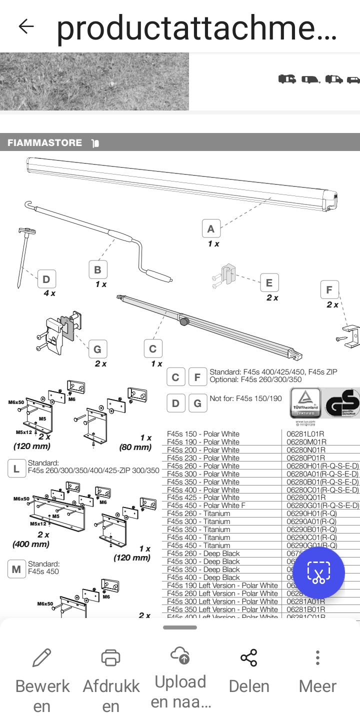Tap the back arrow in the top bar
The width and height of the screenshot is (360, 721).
pyautogui.click(x=26, y=26)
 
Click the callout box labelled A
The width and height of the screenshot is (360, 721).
pyautogui.click(x=211, y=229)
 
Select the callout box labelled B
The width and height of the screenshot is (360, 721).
pyautogui.click(x=98, y=270)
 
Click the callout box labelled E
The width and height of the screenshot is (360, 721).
pyautogui.click(x=269, y=283)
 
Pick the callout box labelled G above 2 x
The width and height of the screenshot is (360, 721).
pyautogui.click(x=97, y=349)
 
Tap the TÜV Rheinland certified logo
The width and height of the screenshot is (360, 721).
pyautogui.click(x=305, y=403)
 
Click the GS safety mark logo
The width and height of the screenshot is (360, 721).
pyautogui.click(x=342, y=403)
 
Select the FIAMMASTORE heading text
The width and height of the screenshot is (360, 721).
pyautogui.click(x=45, y=143)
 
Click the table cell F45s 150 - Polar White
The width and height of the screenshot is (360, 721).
pyautogui.click(x=203, y=434)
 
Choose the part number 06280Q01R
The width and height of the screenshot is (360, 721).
pyautogui.click(x=306, y=497)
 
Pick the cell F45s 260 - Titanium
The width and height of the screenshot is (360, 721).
pyautogui.click(x=199, y=513)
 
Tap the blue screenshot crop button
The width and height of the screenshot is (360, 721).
pyautogui.click(x=318, y=573)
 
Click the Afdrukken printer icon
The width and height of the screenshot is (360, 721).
pyautogui.click(x=111, y=658)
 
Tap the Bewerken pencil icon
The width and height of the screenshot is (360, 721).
pyautogui.click(x=42, y=658)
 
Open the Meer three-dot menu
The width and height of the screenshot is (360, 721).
pyautogui.click(x=317, y=658)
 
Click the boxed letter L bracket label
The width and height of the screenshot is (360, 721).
pyautogui.click(x=16, y=469)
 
